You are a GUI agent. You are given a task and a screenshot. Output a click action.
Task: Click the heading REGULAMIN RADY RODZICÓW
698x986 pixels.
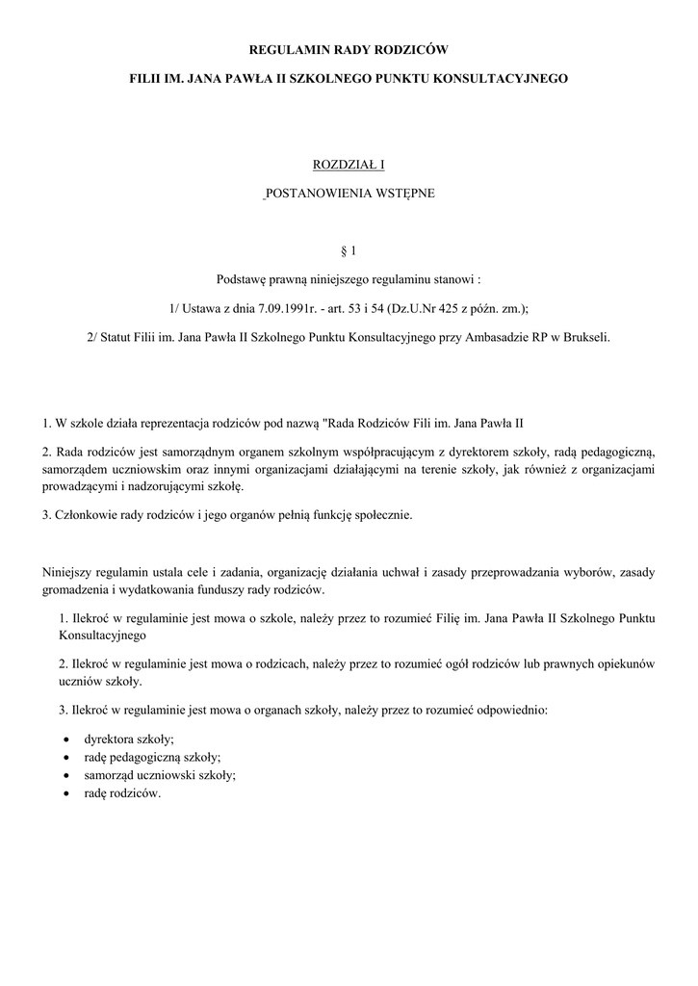349,47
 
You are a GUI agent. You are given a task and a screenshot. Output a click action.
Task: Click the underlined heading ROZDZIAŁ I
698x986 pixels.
349,166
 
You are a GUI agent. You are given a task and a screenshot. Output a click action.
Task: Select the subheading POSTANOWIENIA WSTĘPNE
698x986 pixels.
350,194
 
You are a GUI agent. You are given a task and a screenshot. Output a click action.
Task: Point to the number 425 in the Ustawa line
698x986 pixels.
429,308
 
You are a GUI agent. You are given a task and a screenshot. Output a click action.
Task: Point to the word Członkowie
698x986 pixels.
81,515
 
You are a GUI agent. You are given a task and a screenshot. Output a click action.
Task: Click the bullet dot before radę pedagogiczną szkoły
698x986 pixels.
65,758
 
